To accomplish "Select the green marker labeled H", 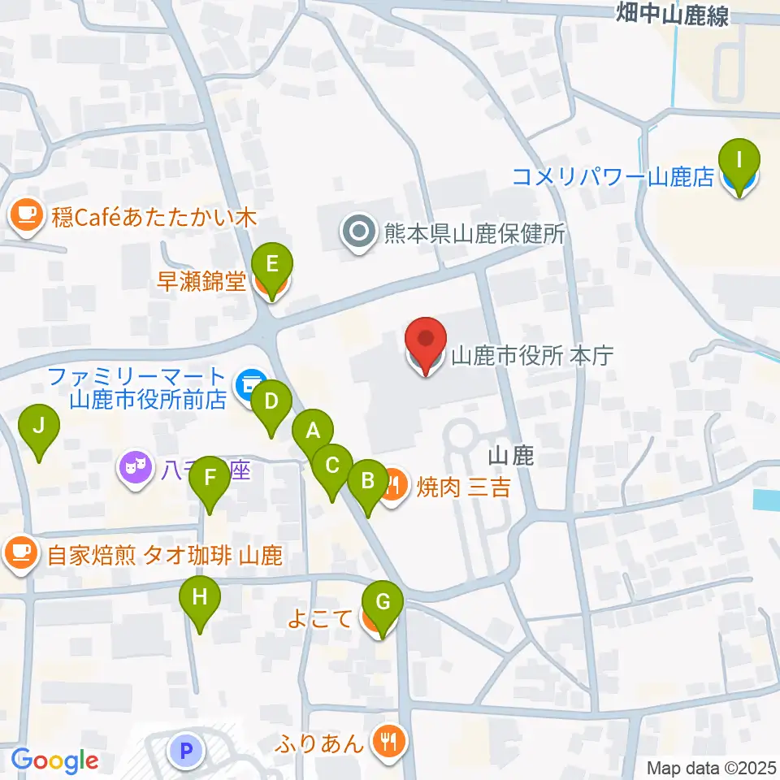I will (200, 600).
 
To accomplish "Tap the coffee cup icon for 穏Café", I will (25, 217).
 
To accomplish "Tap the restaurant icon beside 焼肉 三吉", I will (393, 487).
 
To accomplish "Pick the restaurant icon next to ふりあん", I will (387, 741).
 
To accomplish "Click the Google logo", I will (54, 760).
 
